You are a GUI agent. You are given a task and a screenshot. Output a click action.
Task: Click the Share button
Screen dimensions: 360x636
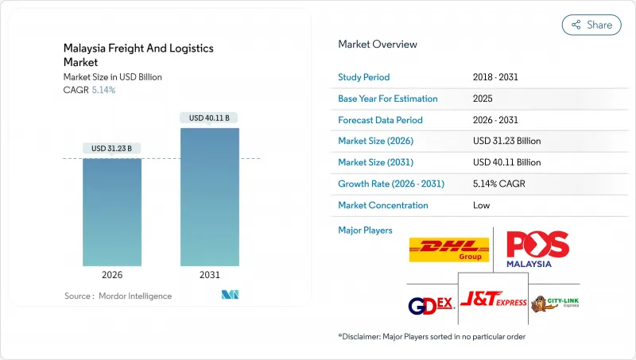pos(591,25)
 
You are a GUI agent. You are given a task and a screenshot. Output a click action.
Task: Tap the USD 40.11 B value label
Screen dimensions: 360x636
pos(209,118)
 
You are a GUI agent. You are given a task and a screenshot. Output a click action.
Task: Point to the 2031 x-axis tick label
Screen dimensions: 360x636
pos(209,274)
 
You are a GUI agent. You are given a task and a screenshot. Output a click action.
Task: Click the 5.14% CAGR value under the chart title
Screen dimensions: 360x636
pos(103,90)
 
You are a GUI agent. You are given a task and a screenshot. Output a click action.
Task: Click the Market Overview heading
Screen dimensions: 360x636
pos(378,45)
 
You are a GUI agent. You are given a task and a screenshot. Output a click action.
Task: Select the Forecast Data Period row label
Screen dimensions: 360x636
pos(380,120)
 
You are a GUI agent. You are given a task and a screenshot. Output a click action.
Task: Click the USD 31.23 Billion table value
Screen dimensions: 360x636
pos(506,141)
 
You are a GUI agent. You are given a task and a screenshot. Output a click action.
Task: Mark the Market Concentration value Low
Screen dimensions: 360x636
pos(481,205)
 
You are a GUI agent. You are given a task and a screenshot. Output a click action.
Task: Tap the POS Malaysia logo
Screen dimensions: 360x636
pos(537,250)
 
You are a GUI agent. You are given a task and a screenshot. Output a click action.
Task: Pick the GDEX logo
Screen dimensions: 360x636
pos(429,305)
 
